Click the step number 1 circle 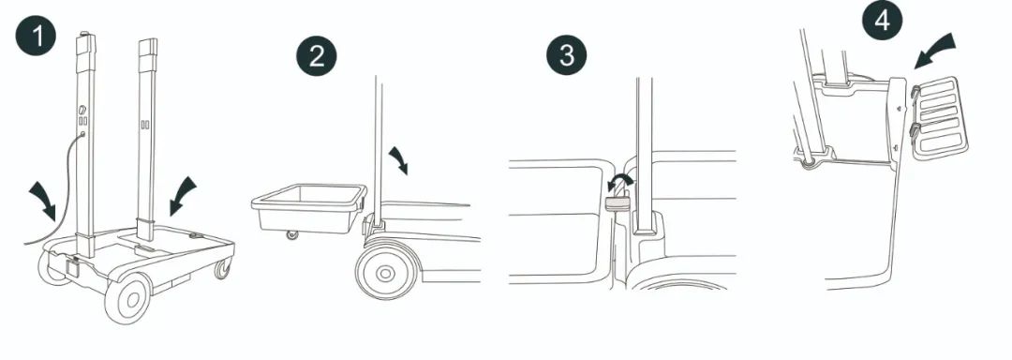click(x=37, y=36)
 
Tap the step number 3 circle click(x=567, y=54)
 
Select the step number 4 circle click(x=883, y=21)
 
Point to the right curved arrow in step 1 click(x=182, y=195)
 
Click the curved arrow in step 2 click(x=399, y=159)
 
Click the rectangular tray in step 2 click(x=309, y=208)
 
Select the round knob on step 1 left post click(x=82, y=109)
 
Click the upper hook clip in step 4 click(x=915, y=94)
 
